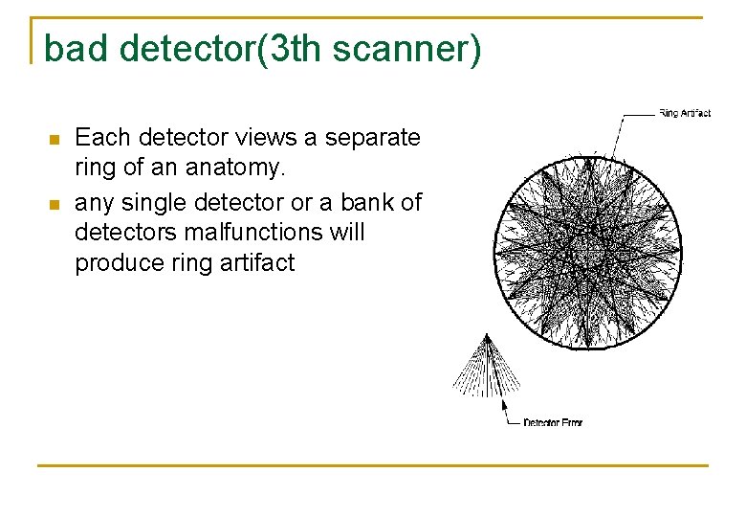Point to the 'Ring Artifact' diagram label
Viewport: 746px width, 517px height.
coord(684,114)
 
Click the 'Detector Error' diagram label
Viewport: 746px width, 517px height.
coord(553,422)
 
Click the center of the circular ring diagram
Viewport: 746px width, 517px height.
coord(587,249)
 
